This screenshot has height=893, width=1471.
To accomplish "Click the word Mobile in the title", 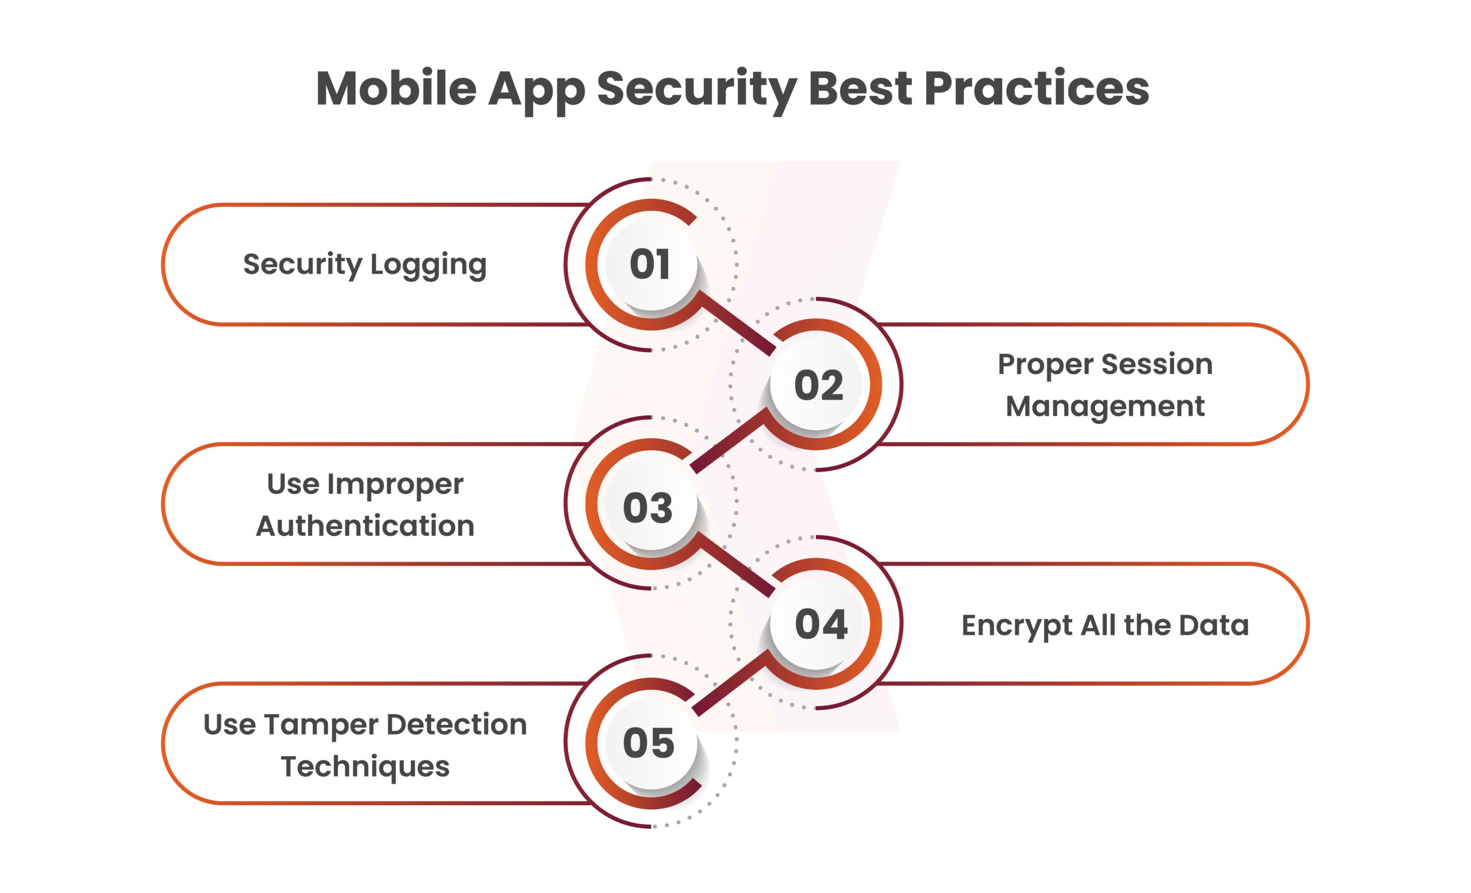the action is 396,88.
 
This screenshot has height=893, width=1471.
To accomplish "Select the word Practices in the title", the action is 1037,88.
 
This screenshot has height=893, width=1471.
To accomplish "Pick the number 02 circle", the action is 816,384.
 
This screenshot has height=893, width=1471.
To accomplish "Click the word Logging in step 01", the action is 428,266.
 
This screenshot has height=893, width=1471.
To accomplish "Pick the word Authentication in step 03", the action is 365,525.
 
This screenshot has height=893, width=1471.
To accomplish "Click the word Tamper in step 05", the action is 321,726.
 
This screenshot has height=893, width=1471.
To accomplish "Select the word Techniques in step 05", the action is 365,768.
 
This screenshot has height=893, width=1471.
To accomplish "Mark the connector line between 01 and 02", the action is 737,322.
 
